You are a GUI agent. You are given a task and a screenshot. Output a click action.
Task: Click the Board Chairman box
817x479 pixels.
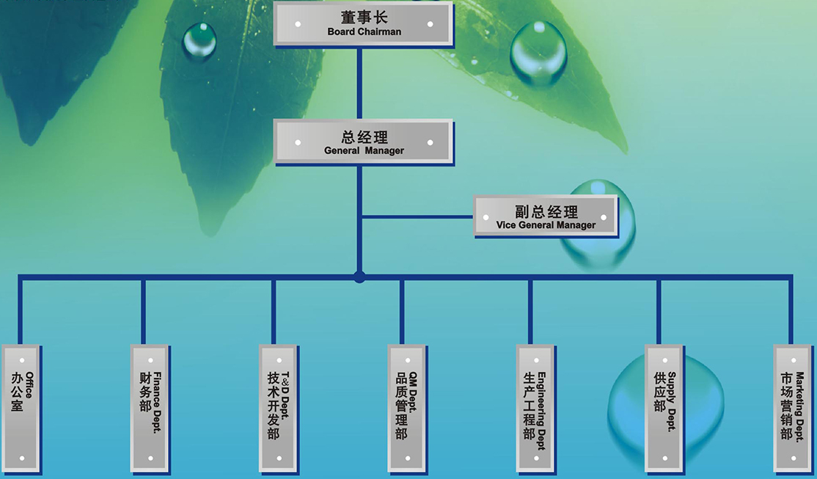coord(364,23)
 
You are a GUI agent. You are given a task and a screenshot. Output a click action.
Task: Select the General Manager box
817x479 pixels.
coord(364,142)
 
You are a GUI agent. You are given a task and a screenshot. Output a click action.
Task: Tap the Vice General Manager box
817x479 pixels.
coord(546,216)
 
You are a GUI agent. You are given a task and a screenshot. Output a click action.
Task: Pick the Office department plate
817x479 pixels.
coord(21,408)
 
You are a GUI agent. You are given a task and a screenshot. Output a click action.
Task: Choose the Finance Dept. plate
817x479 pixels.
coord(150,408)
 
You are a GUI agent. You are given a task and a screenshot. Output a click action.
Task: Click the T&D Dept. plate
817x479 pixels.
coord(279,408)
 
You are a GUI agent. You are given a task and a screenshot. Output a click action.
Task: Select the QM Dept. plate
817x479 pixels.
coord(407,408)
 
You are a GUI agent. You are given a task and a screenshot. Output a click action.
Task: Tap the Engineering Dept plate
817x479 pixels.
coord(535,408)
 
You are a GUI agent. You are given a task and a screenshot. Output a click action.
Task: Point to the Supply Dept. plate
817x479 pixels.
coord(664,408)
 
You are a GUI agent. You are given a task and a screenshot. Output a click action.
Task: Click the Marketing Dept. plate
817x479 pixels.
coord(793,408)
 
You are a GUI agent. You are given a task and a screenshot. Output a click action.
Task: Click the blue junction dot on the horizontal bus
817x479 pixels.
coord(359,277)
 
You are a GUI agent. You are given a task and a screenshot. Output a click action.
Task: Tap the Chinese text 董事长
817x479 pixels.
coord(364,17)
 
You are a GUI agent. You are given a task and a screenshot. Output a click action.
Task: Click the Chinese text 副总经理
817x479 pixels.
coord(546,211)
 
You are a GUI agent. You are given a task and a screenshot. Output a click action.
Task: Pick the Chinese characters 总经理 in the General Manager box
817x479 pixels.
coord(364,136)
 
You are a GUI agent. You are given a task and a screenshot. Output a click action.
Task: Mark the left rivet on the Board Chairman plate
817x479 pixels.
coord(298,24)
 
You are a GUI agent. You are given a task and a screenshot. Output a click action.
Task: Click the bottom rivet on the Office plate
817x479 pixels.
coord(22,458)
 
